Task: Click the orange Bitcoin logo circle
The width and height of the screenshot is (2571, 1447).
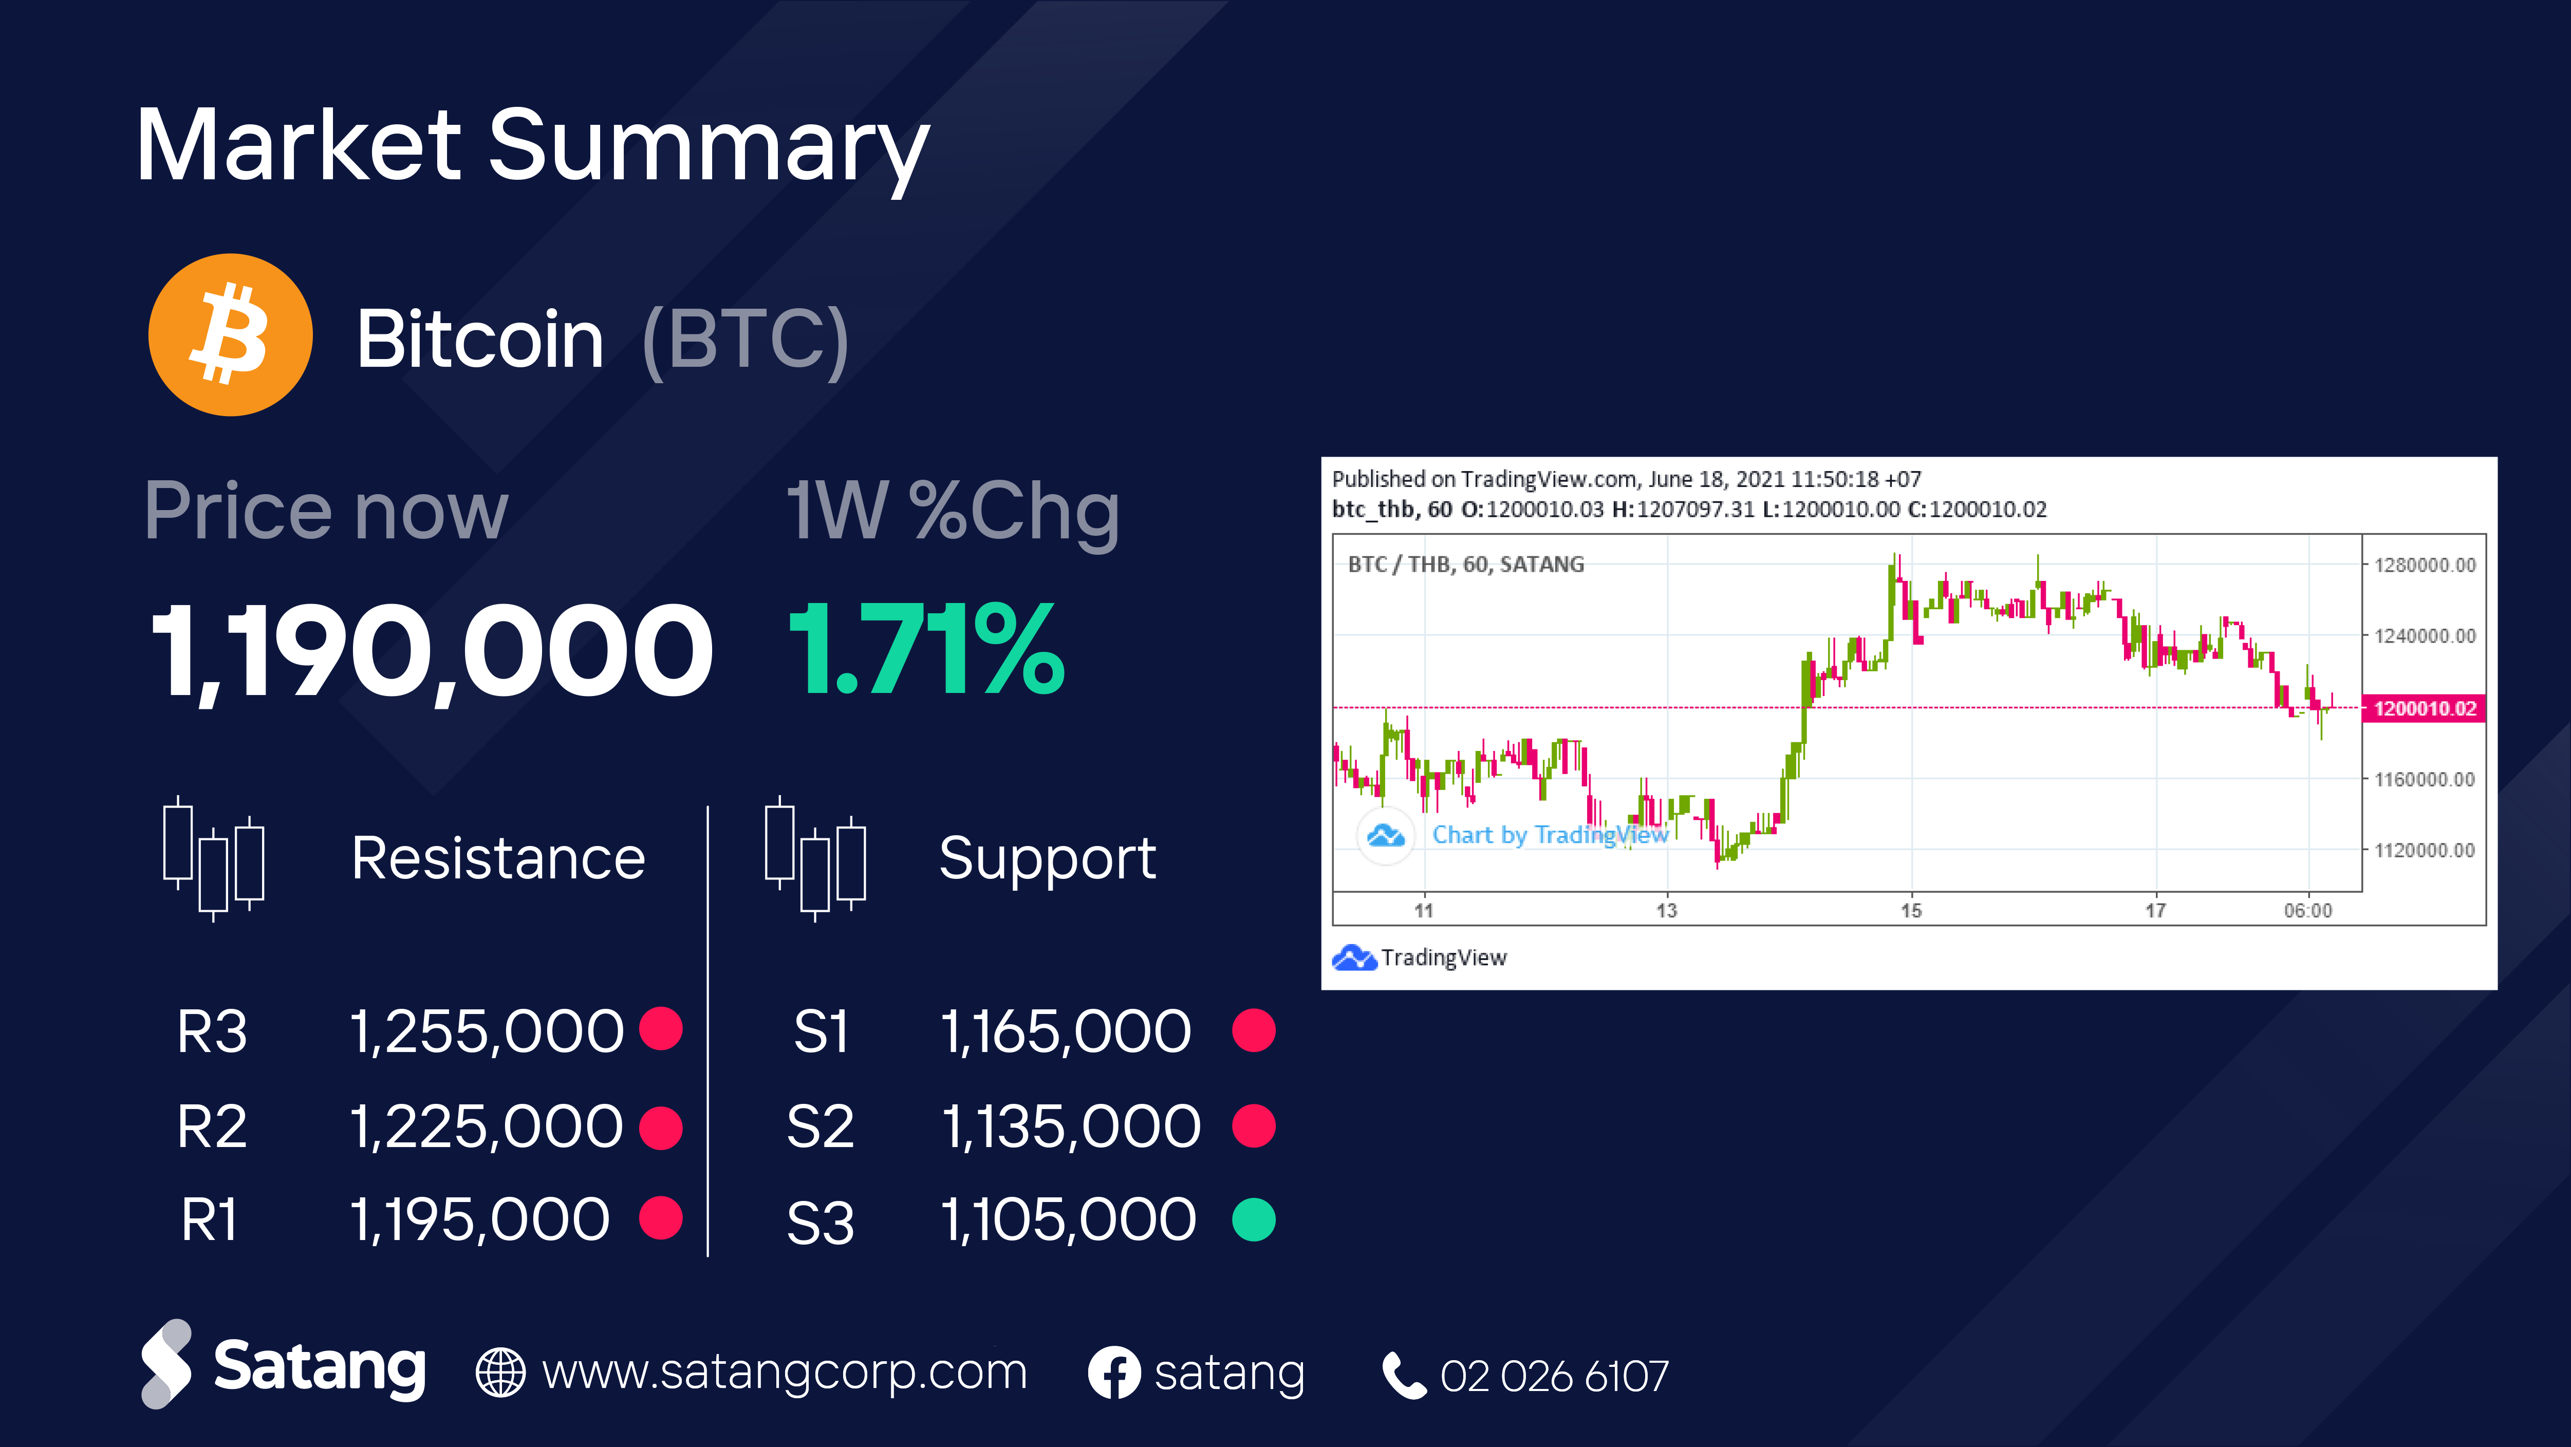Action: click(x=231, y=334)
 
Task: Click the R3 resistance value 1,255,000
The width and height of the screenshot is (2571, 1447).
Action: click(x=487, y=1031)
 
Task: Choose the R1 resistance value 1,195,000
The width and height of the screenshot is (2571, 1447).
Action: click(x=480, y=1219)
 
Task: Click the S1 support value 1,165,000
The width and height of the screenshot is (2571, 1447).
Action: click(x=1066, y=1031)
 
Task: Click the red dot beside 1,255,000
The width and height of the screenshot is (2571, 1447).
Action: click(x=661, y=1029)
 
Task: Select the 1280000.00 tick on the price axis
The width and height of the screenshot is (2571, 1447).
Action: click(x=2424, y=565)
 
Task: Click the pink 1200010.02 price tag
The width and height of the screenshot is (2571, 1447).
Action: click(x=2424, y=708)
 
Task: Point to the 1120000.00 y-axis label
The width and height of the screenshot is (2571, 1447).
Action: click(x=2424, y=850)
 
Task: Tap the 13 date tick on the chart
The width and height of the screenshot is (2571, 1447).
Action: click(x=1667, y=910)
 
